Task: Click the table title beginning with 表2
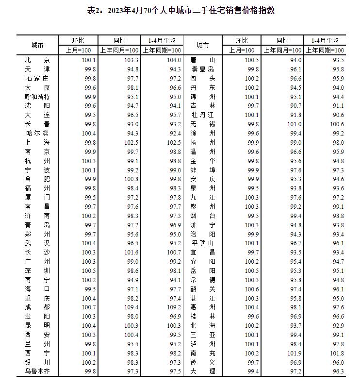point(180,10)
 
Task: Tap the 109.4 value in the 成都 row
point(131,307)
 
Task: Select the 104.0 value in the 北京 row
point(174,60)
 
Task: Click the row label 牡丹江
point(202,115)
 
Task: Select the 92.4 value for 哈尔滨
point(174,133)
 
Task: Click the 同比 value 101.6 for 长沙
point(131,252)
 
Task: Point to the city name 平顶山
point(202,243)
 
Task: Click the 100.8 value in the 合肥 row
point(131,179)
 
